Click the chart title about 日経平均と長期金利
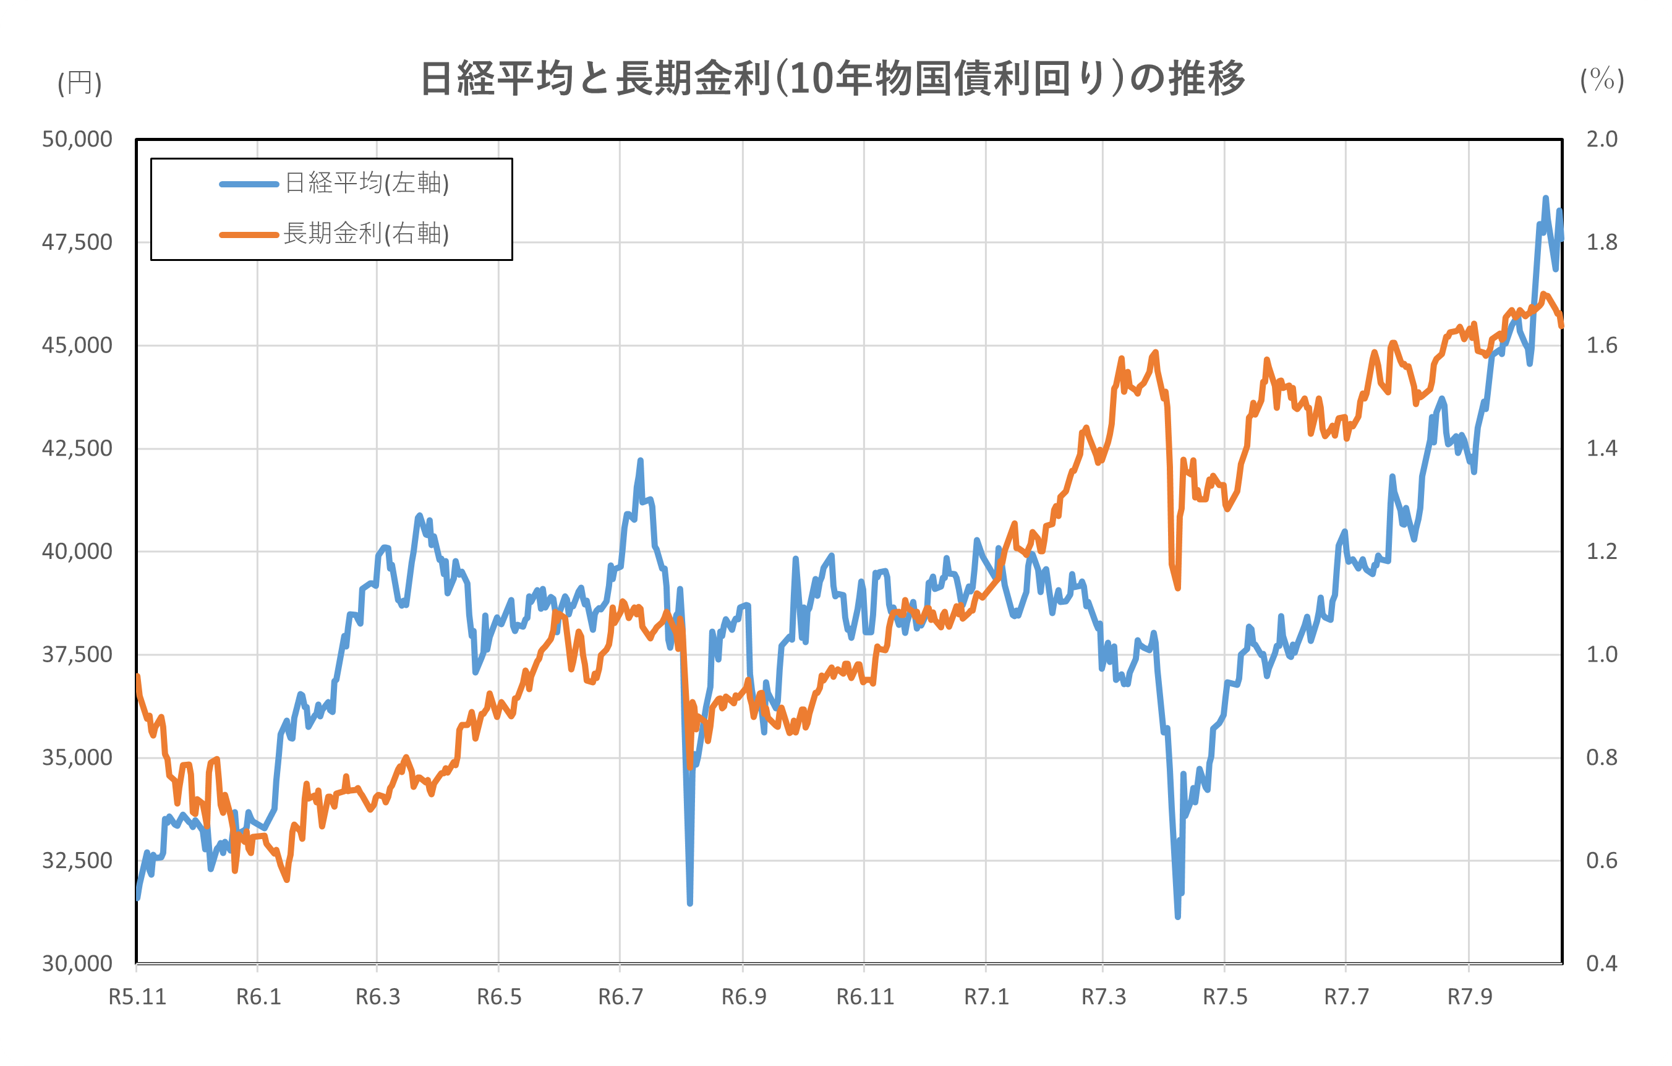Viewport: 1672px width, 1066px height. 832,79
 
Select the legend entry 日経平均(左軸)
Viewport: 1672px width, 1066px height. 367,184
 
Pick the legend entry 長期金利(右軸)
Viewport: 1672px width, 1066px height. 367,234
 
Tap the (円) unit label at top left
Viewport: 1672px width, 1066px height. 80,83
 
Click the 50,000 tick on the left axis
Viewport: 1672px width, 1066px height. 77,140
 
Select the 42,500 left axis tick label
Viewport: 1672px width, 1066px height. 77,449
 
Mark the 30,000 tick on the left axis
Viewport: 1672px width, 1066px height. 77,964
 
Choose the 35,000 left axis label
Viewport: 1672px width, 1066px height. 77,757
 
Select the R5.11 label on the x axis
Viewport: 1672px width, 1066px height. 137,997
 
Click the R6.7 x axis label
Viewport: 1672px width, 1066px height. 621,997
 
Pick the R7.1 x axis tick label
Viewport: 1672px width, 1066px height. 986,997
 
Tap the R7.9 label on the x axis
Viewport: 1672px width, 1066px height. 1469,997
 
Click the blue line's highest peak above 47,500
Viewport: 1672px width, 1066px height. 1545,198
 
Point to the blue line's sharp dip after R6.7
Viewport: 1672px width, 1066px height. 689,903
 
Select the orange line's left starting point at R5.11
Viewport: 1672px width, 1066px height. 137,676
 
